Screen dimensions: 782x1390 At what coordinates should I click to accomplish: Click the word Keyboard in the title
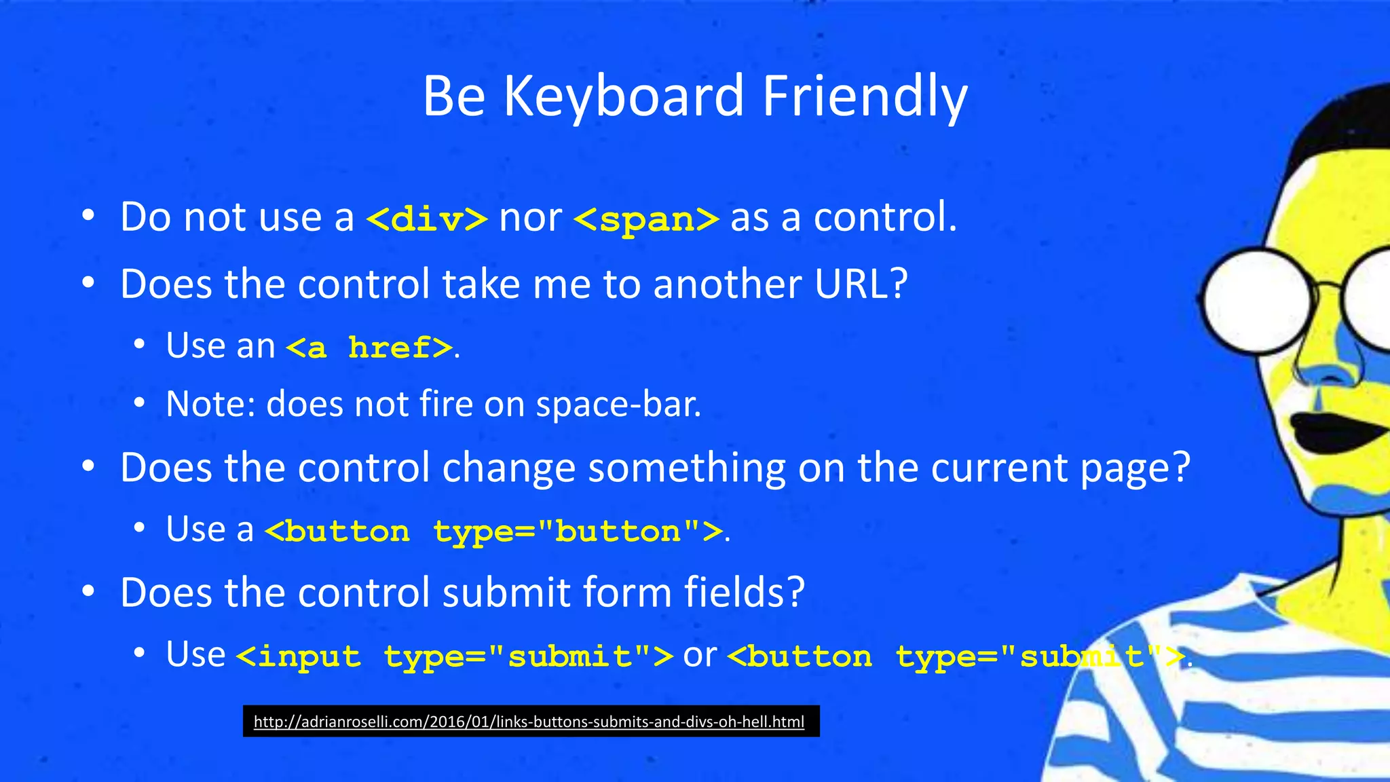click(x=623, y=96)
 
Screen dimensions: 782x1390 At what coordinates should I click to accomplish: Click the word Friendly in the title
click(x=865, y=96)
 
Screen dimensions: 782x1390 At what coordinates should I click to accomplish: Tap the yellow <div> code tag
click(x=426, y=219)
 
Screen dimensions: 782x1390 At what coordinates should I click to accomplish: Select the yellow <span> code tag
click(x=645, y=219)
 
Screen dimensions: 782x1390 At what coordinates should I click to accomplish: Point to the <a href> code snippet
click(x=369, y=348)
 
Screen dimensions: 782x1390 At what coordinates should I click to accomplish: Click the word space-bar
click(x=618, y=405)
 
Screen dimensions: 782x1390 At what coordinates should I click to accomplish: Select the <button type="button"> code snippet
click(x=493, y=531)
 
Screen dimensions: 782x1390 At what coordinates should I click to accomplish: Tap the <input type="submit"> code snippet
click(x=454, y=656)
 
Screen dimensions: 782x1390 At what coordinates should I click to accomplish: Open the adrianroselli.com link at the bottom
click(x=529, y=722)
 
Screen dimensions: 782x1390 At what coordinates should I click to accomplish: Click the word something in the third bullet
click(x=686, y=468)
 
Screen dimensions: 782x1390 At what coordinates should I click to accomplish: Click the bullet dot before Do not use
click(x=88, y=217)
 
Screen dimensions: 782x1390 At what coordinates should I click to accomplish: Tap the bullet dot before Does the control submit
click(x=88, y=592)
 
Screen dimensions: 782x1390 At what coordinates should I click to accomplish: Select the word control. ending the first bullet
click(x=884, y=217)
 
